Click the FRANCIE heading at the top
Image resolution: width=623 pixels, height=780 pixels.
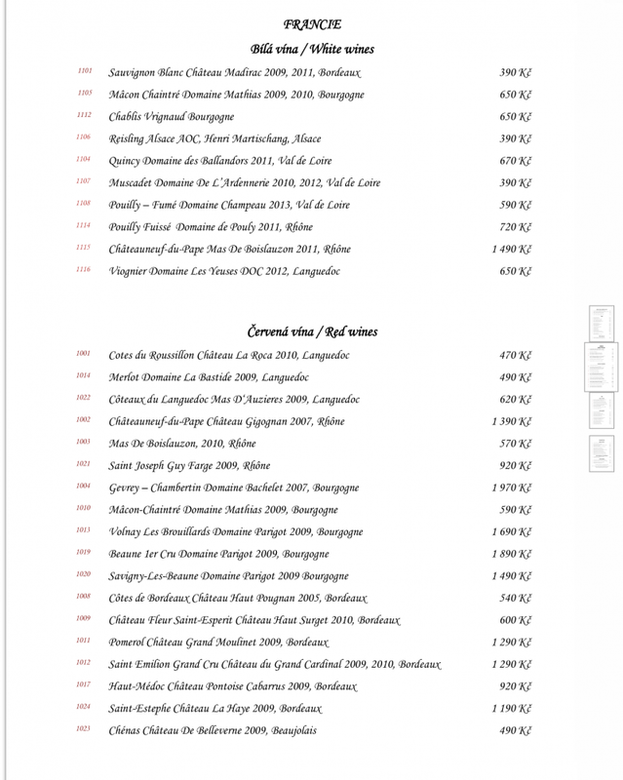click(x=312, y=24)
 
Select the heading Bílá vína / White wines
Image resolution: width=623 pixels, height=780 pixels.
click(x=312, y=49)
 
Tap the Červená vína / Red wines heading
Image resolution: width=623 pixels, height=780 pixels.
click(x=312, y=332)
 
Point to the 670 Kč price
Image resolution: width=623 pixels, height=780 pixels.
click(x=515, y=161)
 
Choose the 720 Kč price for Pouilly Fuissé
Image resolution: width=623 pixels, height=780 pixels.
click(x=515, y=227)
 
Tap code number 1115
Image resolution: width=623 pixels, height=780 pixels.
click(x=85, y=249)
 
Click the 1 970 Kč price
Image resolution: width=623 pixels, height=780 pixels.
click(x=511, y=487)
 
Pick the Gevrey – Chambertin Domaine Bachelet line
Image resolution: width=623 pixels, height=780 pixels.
click(x=234, y=487)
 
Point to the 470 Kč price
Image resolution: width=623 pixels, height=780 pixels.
click(x=515, y=355)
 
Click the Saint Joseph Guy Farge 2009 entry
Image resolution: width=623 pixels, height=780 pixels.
click(x=189, y=465)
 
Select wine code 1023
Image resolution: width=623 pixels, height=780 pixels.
click(x=85, y=729)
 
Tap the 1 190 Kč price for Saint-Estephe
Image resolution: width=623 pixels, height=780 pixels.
click(x=511, y=709)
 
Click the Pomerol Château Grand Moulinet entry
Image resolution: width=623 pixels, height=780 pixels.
click(x=219, y=643)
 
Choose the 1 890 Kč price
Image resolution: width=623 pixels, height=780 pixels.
click(x=511, y=554)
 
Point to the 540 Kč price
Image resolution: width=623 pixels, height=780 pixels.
click(x=515, y=598)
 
